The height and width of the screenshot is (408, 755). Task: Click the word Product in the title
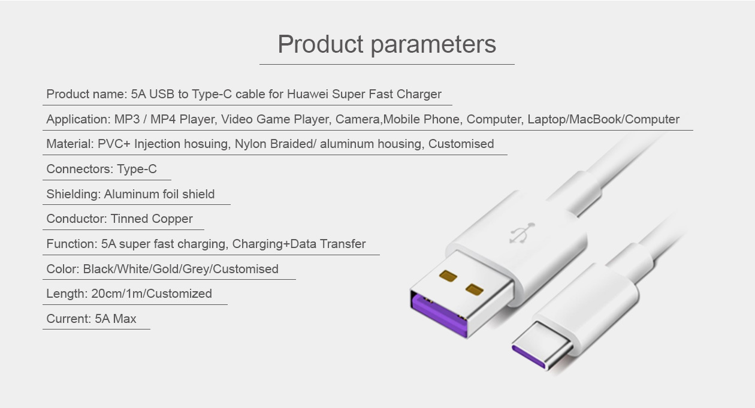coord(321,44)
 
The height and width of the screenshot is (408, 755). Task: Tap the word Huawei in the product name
coord(307,94)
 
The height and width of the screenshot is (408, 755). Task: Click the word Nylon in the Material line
coord(250,144)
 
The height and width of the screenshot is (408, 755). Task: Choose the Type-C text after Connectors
coord(137,169)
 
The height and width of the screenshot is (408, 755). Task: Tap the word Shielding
coord(74,194)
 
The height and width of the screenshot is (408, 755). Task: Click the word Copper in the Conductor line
coord(172,219)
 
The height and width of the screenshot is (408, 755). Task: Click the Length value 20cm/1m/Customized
coord(152,294)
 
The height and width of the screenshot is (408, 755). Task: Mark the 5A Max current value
coord(115,319)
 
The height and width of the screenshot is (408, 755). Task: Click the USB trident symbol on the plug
coord(522,233)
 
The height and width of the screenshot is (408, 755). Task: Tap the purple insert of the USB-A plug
coord(439,315)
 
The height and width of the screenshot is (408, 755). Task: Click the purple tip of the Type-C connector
coord(528,356)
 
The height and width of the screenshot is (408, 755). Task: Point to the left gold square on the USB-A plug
coord(448,276)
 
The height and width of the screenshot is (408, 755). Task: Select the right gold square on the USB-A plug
coord(475,289)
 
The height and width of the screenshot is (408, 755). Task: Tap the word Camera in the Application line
coord(357,119)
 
